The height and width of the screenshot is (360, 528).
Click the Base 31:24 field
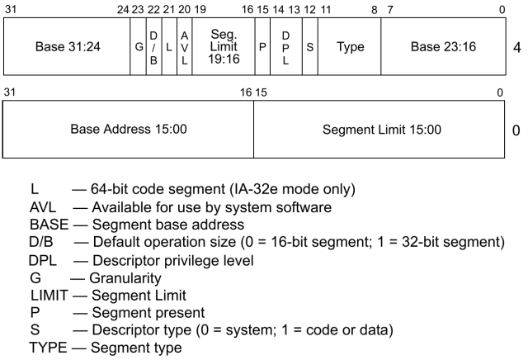pyautogui.click(x=67, y=47)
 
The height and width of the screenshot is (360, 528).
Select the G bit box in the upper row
pyautogui.click(x=139, y=47)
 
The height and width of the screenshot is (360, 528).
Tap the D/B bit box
pyautogui.click(x=153, y=47)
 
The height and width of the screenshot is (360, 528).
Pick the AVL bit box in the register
pyautogui.click(x=184, y=47)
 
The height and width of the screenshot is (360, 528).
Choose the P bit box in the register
pyautogui.click(x=262, y=47)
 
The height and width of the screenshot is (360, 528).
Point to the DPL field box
pyautogui.click(x=285, y=47)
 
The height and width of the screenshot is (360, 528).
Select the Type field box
pyautogui.click(x=349, y=47)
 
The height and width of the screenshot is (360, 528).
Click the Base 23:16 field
pyautogui.click(x=441, y=47)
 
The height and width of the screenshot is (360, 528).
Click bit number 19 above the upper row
pyautogui.click(x=199, y=9)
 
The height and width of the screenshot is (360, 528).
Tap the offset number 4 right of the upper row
pyautogui.click(x=516, y=48)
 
